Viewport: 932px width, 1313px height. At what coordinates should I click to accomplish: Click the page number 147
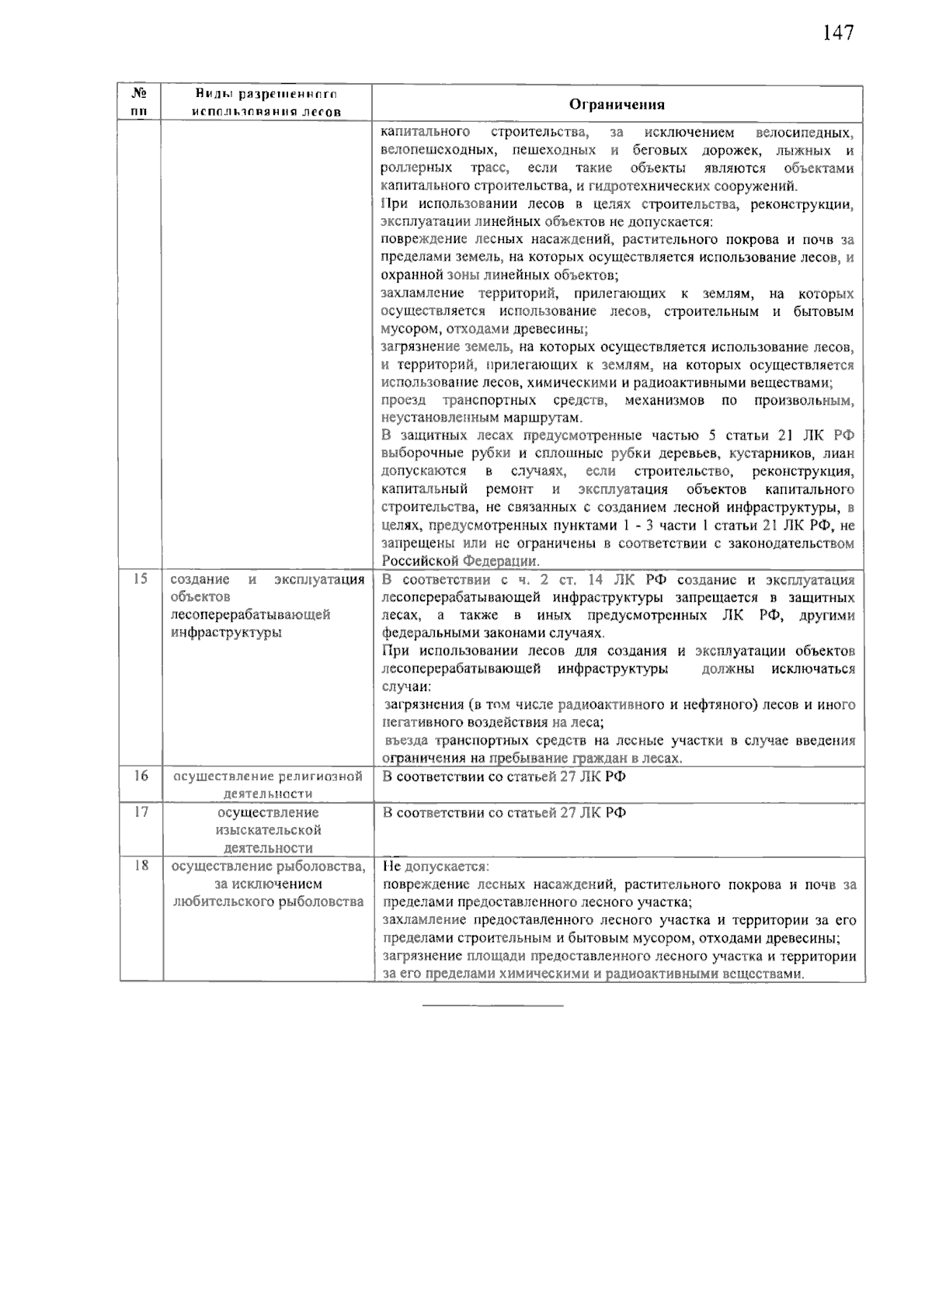pyautogui.click(x=837, y=33)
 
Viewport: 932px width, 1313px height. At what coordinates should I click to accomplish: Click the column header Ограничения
pyautogui.click(x=617, y=105)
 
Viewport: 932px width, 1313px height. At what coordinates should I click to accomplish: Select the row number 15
pyautogui.click(x=141, y=578)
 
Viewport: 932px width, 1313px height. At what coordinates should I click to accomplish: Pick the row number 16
pyautogui.click(x=141, y=775)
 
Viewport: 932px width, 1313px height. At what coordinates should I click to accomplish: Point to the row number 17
pyautogui.click(x=141, y=811)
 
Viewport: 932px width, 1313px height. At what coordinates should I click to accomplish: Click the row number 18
pyautogui.click(x=141, y=865)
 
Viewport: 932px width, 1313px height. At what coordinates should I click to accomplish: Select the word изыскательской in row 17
pyautogui.click(x=268, y=830)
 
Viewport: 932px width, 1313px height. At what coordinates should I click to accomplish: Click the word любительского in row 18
pyautogui.click(x=224, y=901)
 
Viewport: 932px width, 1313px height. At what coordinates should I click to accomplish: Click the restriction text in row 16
pyautogui.click(x=504, y=776)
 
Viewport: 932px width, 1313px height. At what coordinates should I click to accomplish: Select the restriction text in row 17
pyautogui.click(x=504, y=812)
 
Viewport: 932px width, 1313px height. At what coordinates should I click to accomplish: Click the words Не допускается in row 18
pyautogui.click(x=435, y=866)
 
